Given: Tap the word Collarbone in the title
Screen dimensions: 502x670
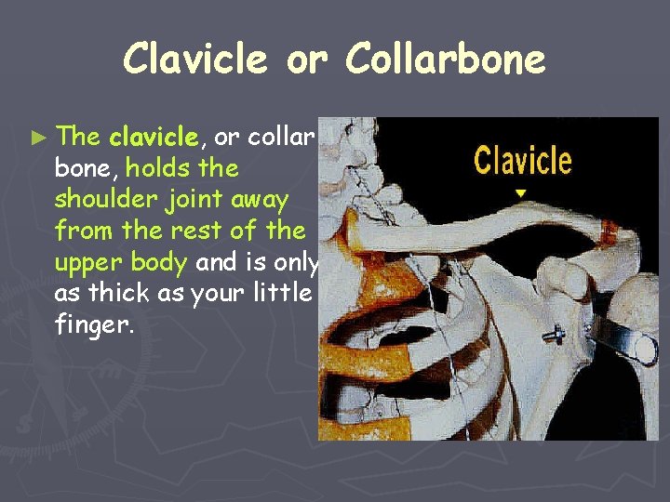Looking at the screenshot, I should (445, 59).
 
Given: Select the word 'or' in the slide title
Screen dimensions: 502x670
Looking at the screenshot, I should (306, 59).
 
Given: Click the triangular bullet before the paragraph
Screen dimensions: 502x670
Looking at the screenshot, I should (38, 138).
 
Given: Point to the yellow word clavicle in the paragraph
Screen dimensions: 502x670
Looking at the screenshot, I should (154, 139).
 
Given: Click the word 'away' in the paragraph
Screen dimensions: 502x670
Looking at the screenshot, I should (264, 199).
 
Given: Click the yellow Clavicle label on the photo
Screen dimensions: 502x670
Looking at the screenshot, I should (522, 160).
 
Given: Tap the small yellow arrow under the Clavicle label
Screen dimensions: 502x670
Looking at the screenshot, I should (521, 193).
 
